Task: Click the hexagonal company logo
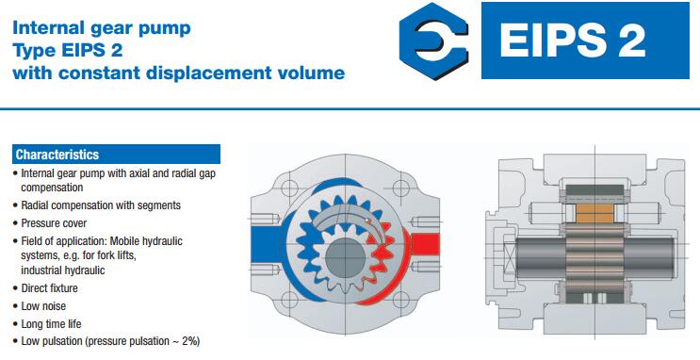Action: tap(434, 41)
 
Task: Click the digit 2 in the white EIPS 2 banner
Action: tap(630, 41)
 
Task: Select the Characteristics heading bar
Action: tap(116, 155)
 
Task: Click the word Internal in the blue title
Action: tap(48, 27)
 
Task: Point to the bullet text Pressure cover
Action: tap(54, 222)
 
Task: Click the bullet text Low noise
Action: tap(43, 306)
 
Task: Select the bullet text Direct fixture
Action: tap(49, 288)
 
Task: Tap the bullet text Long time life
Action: tap(51, 324)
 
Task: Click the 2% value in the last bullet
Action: tap(191, 341)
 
